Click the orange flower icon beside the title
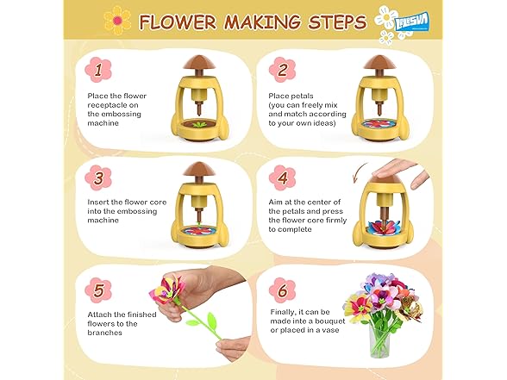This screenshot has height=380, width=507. point(117,21)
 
